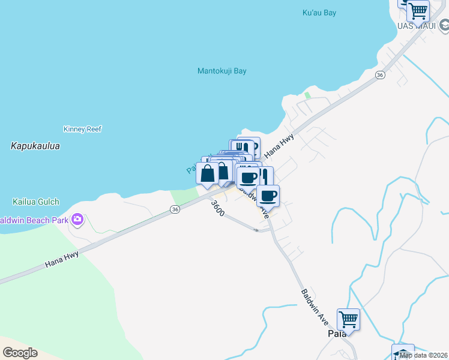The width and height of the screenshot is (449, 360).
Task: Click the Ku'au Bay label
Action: (x=319, y=13)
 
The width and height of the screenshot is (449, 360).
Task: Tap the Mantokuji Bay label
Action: (x=222, y=71)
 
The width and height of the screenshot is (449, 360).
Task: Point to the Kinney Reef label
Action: (x=83, y=129)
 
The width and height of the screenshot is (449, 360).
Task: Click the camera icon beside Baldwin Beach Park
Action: (x=77, y=220)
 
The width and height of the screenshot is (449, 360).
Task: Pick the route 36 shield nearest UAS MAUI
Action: (x=379, y=75)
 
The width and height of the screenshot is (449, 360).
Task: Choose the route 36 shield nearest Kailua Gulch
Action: (x=174, y=209)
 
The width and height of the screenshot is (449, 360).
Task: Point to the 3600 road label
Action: (x=217, y=208)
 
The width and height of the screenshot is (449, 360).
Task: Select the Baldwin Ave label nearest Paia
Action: (x=314, y=304)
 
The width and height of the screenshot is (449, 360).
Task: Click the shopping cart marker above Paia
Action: (x=348, y=318)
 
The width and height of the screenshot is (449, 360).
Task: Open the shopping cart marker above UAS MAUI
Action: (x=418, y=10)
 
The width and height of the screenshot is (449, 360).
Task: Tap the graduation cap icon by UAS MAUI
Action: (x=444, y=26)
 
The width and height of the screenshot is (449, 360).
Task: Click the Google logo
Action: (x=20, y=353)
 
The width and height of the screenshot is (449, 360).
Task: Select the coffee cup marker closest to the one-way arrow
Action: (x=268, y=195)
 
